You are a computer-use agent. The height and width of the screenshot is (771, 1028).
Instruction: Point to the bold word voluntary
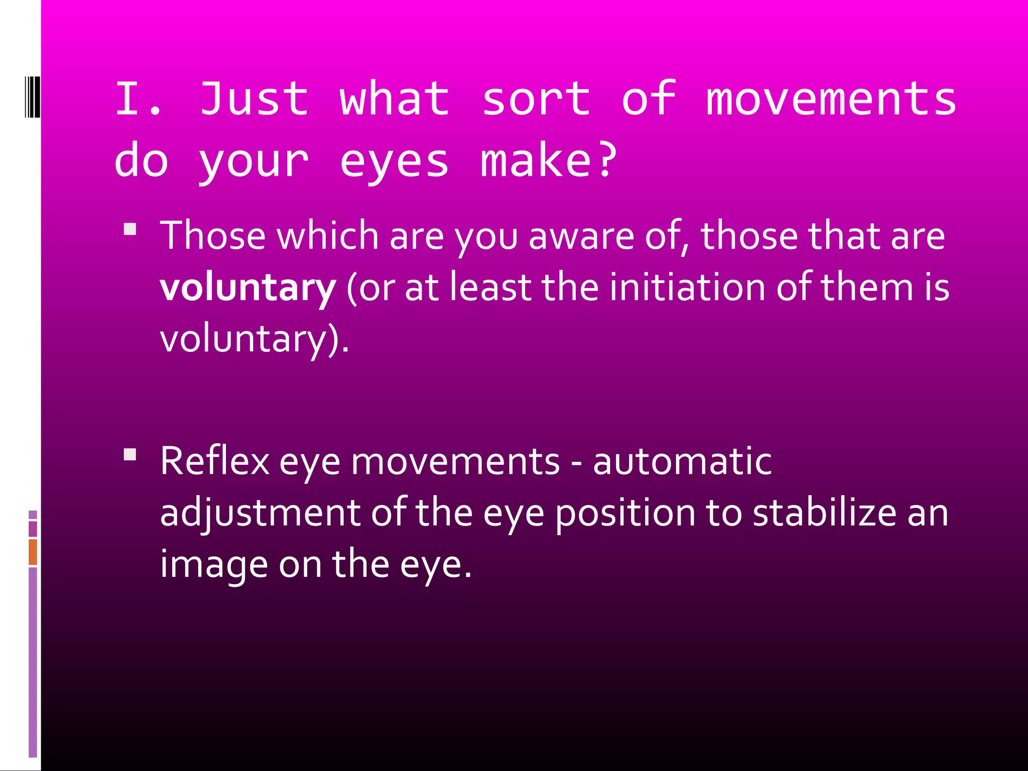click(x=247, y=288)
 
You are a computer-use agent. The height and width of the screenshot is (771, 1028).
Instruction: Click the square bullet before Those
click(x=130, y=229)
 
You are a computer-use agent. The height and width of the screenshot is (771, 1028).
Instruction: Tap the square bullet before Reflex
click(x=130, y=455)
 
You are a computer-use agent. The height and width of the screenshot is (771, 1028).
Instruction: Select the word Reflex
click(x=215, y=461)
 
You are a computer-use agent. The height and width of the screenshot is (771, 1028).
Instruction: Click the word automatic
click(x=682, y=461)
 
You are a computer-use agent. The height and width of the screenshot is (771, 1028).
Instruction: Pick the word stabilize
click(x=824, y=512)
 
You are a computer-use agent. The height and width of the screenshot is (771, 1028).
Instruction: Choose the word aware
click(x=581, y=235)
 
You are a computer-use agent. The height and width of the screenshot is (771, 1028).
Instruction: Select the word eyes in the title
click(x=394, y=162)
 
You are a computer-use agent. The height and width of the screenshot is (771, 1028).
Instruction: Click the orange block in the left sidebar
click(x=33, y=552)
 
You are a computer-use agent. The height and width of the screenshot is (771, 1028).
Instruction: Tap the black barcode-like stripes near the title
click(x=32, y=96)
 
